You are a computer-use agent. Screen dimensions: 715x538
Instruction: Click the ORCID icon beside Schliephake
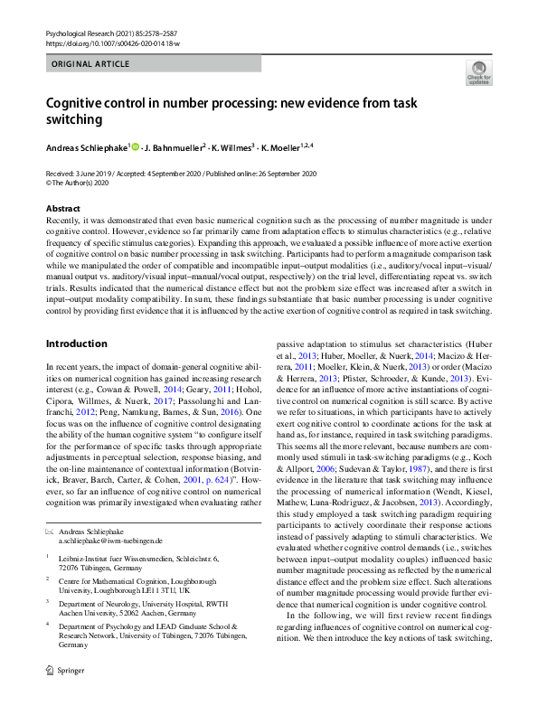tap(137, 145)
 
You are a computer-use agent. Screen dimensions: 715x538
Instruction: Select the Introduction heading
tap(76, 344)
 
